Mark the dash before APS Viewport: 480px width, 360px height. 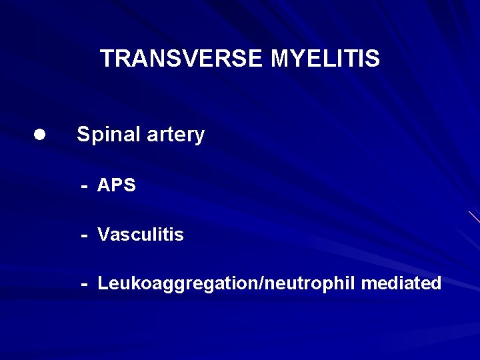pyautogui.click(x=85, y=186)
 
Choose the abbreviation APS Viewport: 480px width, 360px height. pyautogui.click(x=117, y=185)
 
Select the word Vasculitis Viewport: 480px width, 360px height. pyautogui.click(x=141, y=235)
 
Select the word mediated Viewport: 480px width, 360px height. pyautogui.click(x=401, y=283)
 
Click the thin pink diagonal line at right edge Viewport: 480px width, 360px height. pyautogui.click(x=474, y=217)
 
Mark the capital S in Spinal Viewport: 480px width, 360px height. pyautogui.click(x=83, y=135)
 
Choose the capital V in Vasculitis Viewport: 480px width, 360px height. pyautogui.click(x=103, y=235)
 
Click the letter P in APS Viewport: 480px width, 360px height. pyautogui.click(x=117, y=185)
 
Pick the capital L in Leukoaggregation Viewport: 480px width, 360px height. pyautogui.click(x=103, y=283)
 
